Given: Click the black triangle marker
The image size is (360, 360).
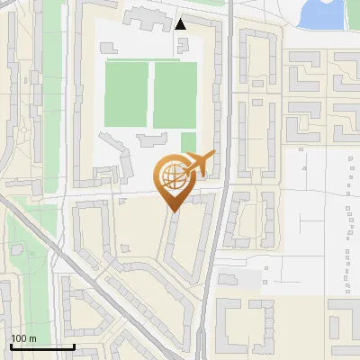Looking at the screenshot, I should pos(182,24).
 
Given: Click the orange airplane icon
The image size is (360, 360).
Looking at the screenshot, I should pos(200,164).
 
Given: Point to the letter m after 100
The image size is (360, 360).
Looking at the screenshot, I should pos(33,338).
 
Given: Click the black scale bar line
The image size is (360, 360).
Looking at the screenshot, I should pos(42,346).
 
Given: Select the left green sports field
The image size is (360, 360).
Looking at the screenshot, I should pos(127,94).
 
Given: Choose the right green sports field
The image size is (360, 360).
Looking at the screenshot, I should pos(175,94).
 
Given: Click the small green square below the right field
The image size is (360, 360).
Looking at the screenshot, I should pos(188,141).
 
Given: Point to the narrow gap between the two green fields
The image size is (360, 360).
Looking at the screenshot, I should pos(150,94).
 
